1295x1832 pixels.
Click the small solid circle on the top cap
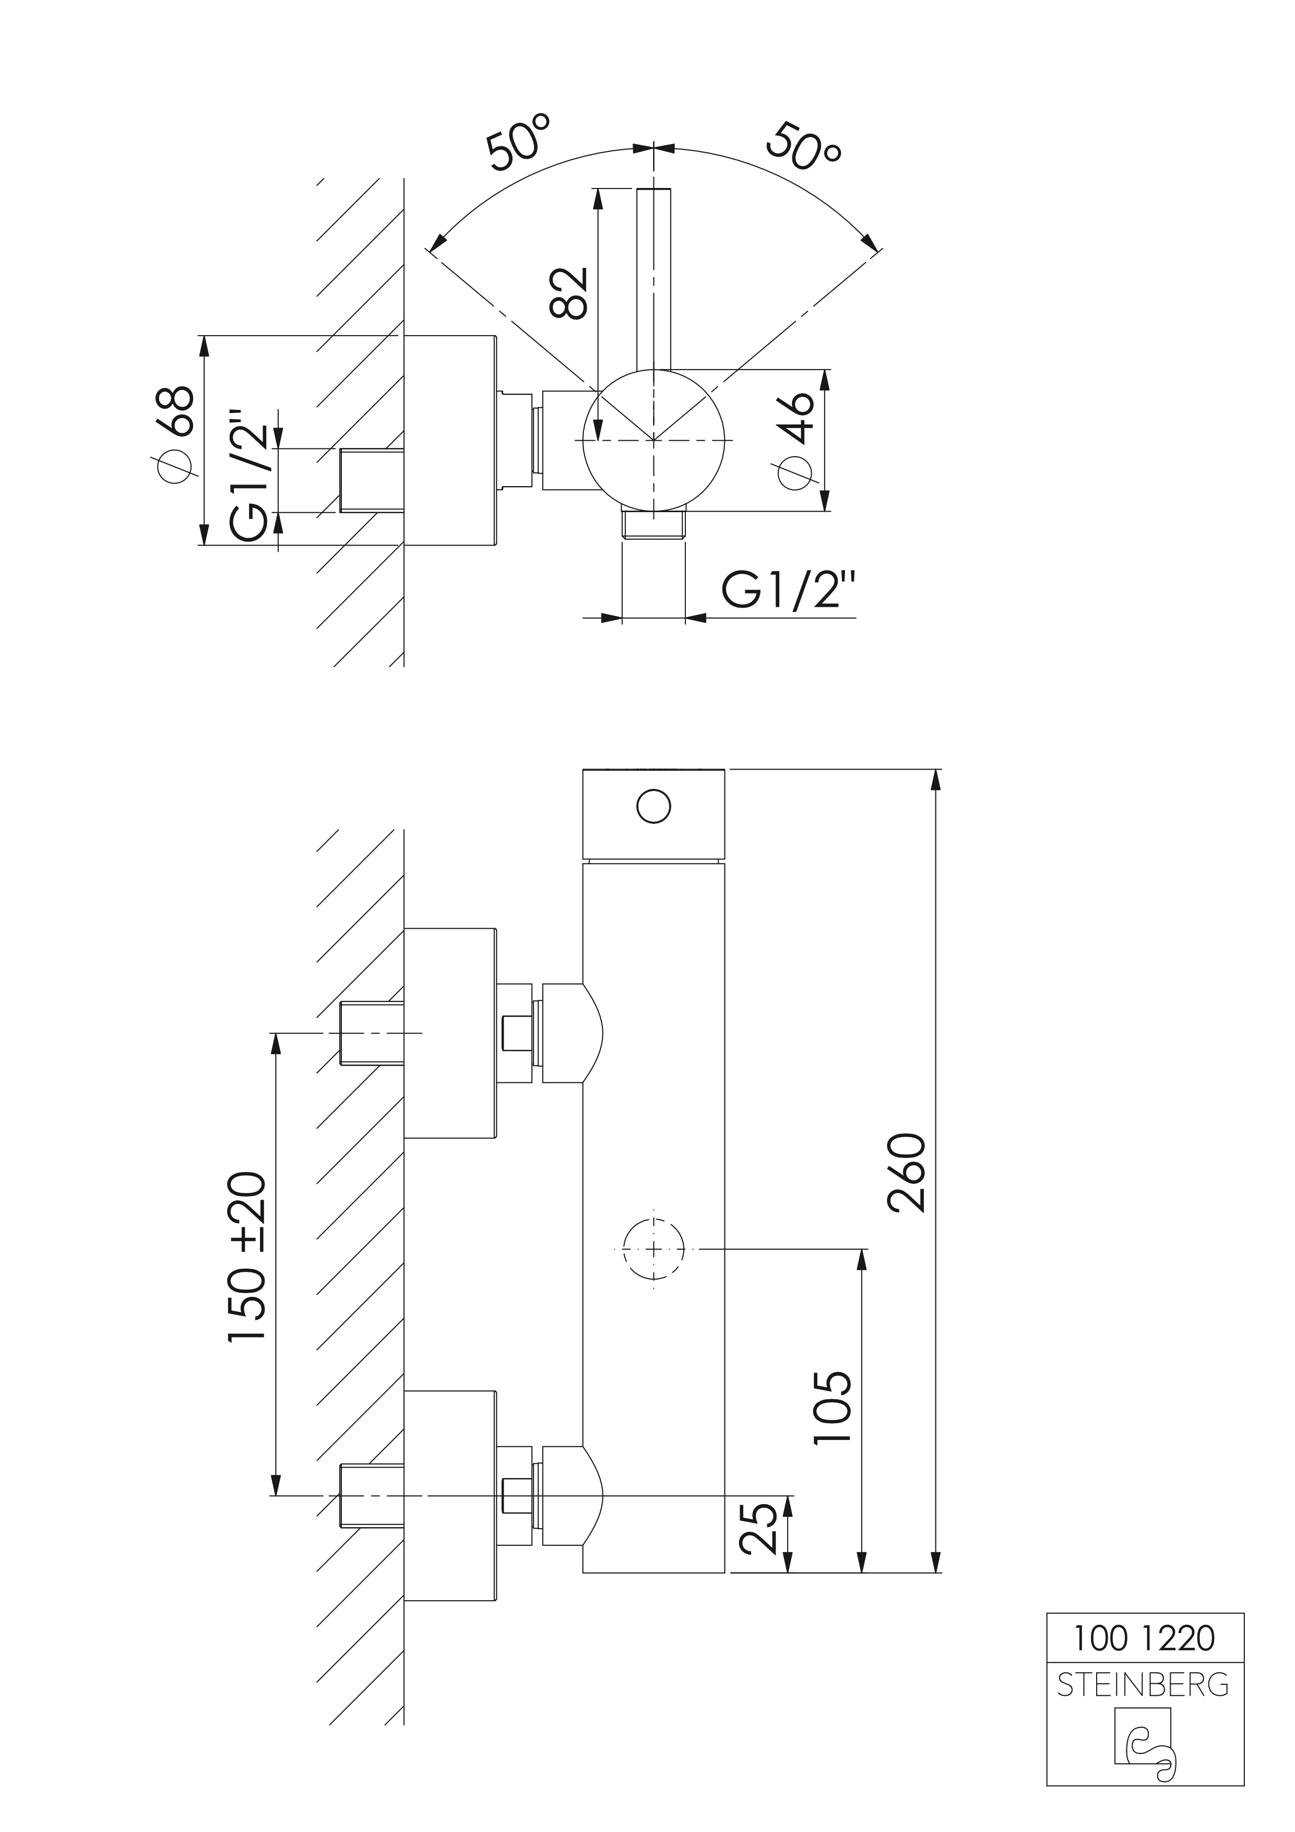click(654, 806)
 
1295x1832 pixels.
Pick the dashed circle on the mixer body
click(654, 1249)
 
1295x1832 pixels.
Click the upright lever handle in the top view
click(654, 279)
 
